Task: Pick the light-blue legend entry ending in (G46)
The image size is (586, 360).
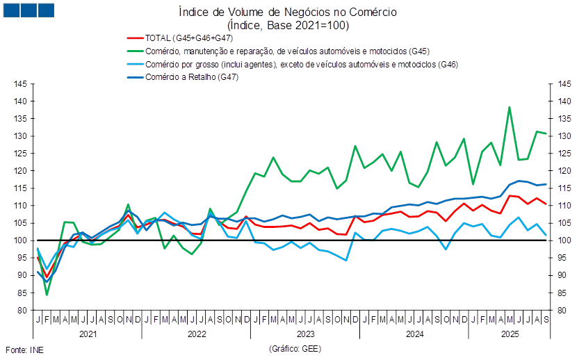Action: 302,64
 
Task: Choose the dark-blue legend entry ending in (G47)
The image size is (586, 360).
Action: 193,76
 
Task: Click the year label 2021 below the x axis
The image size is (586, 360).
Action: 88,335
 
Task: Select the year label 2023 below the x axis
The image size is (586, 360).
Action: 306,335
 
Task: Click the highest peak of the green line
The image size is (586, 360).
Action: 510,107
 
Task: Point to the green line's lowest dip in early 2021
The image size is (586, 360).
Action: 47,295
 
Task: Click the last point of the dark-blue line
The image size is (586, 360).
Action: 546,184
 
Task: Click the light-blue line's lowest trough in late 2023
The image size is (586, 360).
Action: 346,260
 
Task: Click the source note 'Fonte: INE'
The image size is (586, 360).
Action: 24,349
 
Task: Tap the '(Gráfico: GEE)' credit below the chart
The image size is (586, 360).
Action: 295,347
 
